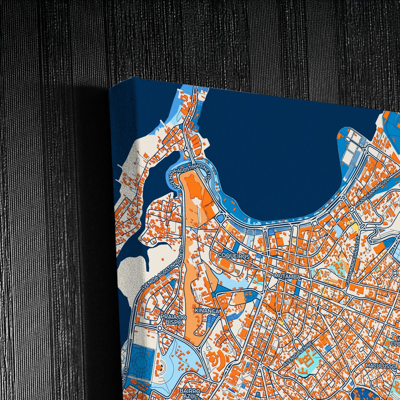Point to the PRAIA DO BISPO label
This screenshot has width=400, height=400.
coord(174,319)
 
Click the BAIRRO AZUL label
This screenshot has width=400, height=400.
coord(190,393)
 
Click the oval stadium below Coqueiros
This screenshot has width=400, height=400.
coord(226,265)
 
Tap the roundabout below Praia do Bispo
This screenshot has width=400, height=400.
coord(160,328)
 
